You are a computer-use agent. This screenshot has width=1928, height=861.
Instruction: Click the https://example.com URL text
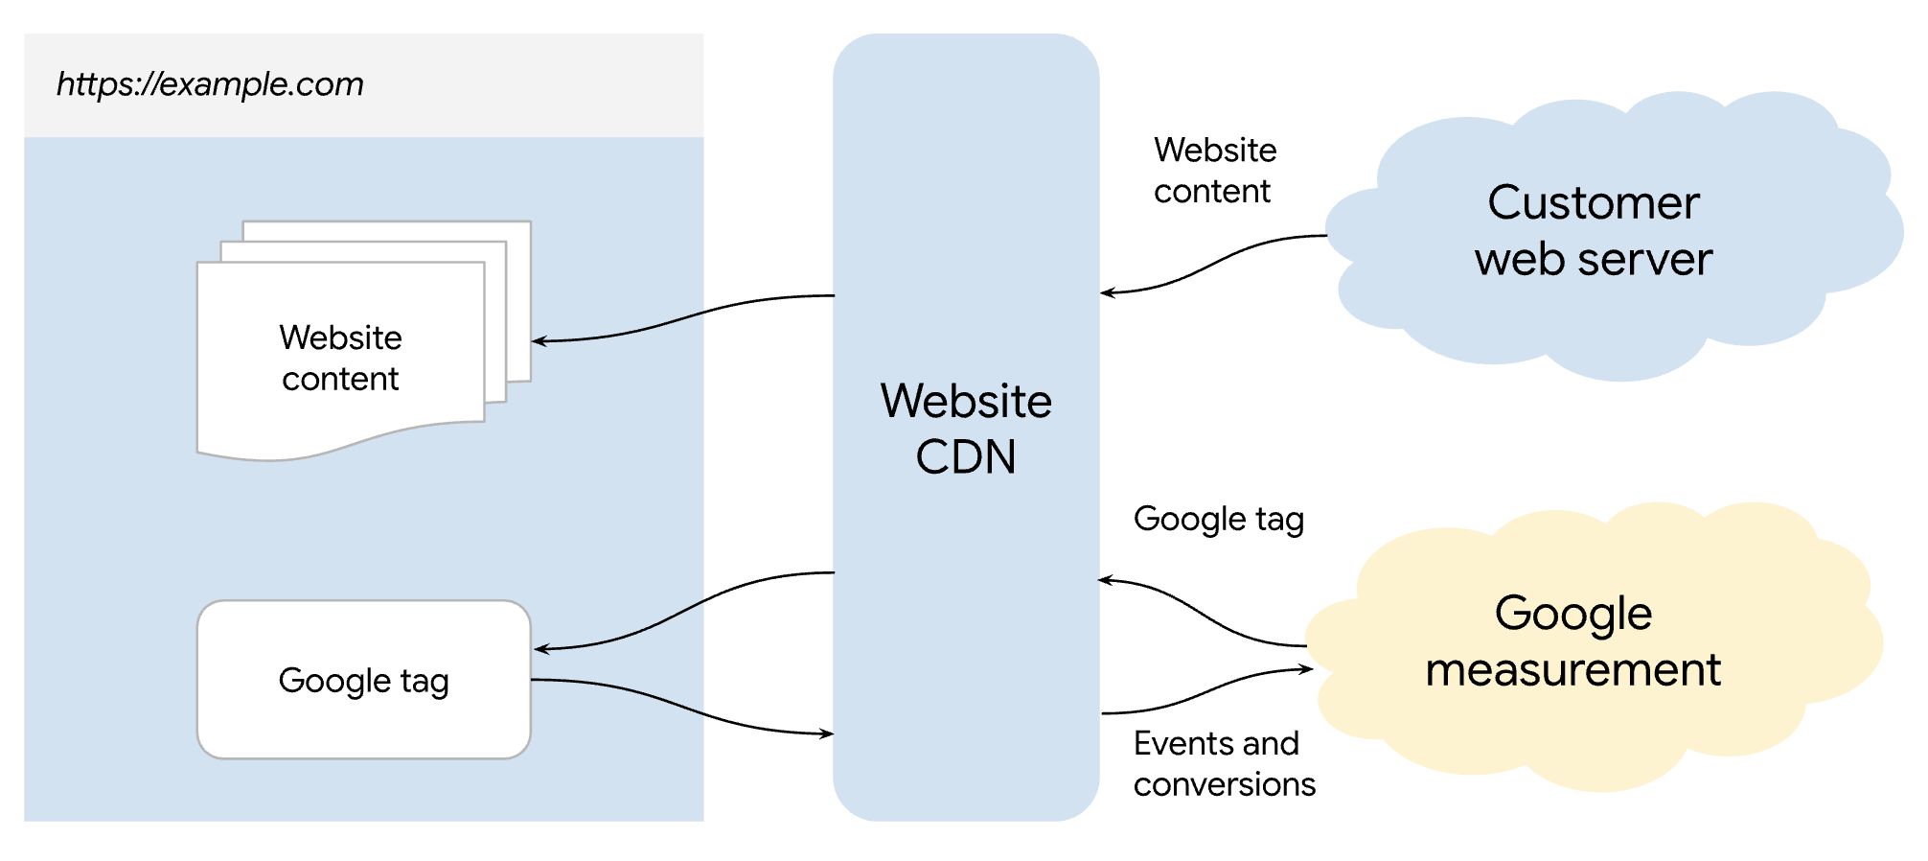pos(210,84)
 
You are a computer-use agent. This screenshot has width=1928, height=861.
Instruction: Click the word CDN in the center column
pos(965,456)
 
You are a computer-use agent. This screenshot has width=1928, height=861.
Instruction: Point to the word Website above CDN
pos(965,401)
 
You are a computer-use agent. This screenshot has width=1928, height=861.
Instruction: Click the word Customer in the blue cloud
pos(1593,203)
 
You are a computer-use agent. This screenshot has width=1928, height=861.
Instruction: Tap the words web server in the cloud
pos(1593,259)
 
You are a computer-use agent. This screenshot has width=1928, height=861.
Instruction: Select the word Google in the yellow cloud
pos(1572,614)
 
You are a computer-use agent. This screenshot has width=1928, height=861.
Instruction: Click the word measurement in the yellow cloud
pos(1572,669)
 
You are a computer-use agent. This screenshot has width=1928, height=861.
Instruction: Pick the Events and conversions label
pos(1223,763)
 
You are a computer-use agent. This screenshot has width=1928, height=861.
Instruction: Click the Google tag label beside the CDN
pos(1218,520)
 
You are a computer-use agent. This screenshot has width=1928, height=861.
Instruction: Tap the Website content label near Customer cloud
pos(1214,171)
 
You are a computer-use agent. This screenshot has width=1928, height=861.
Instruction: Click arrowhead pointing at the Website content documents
pos(539,340)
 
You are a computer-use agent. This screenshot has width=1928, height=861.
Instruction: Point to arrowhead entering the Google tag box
pos(540,649)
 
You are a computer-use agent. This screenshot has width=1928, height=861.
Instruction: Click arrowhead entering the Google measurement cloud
pos(1306,669)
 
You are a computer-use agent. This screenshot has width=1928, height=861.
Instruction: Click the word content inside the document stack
pos(339,380)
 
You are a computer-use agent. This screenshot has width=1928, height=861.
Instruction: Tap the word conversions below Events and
pos(1224,784)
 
